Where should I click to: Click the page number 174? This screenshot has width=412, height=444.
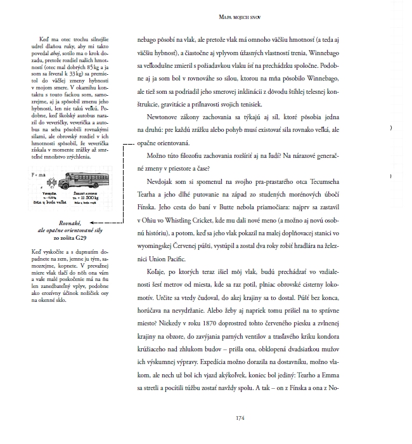coord(240,417)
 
